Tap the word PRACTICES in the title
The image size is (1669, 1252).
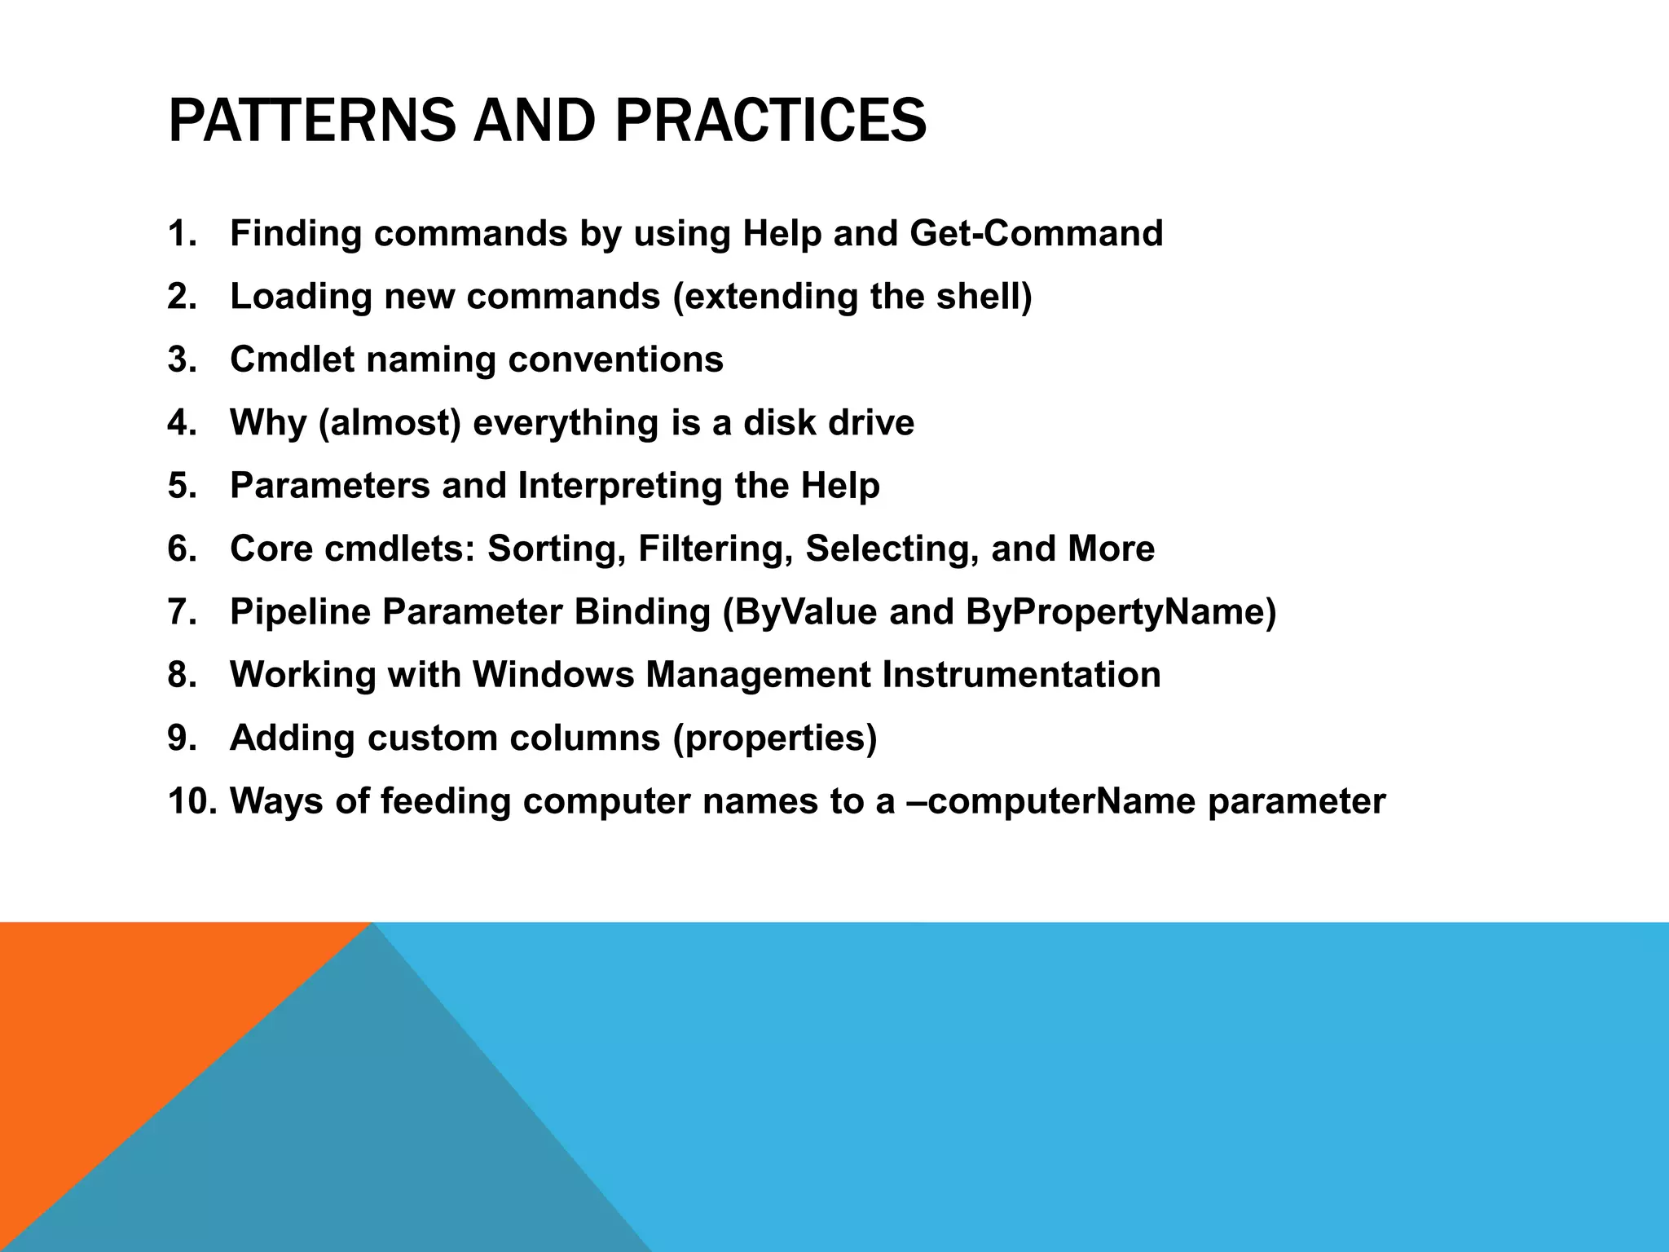770,121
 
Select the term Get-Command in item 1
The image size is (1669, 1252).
1036,234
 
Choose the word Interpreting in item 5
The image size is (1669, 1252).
619,487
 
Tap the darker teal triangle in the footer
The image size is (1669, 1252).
367,1141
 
